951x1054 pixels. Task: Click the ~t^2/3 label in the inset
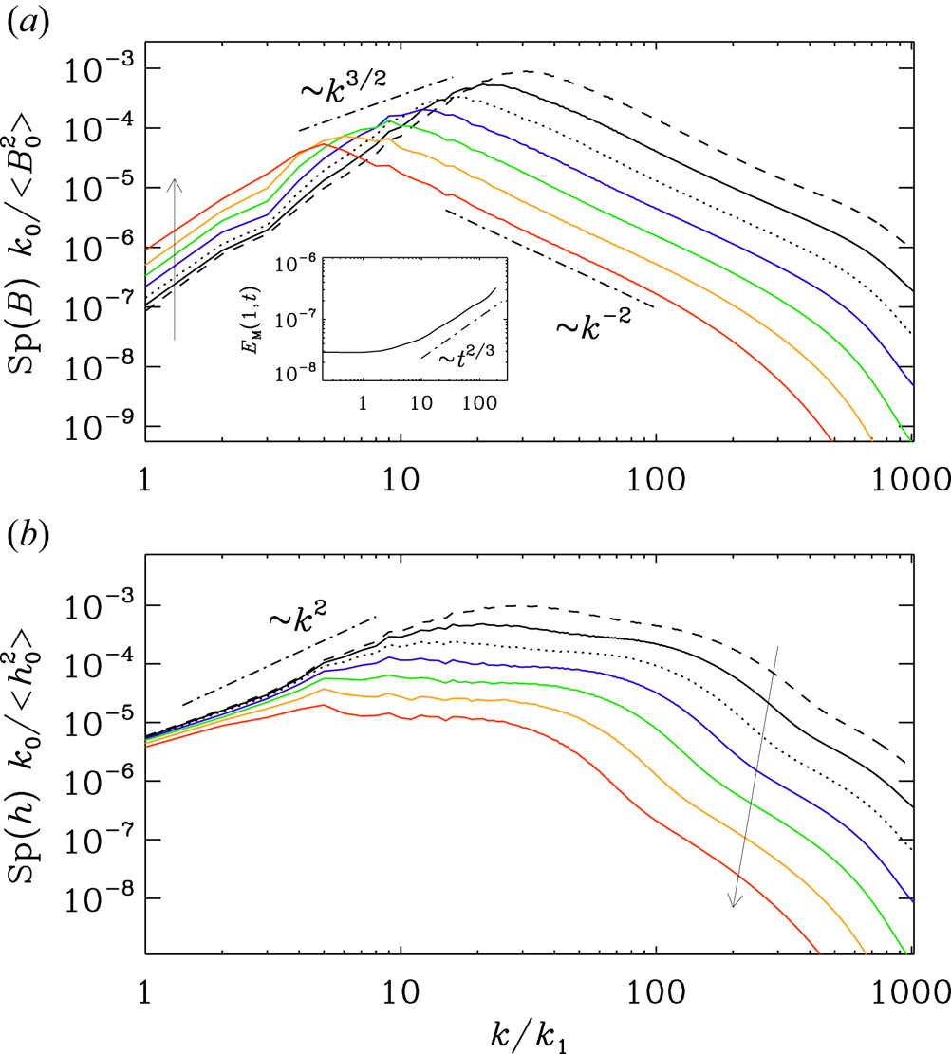click(466, 357)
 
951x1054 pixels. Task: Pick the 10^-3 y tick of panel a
click(99, 68)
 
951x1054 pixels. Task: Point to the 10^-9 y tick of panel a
click(99, 426)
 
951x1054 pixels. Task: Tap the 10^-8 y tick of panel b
click(99, 897)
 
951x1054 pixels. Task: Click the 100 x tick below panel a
click(656, 479)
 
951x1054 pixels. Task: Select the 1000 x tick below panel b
click(911, 992)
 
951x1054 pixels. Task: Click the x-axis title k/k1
click(529, 1036)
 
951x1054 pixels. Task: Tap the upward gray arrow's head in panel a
click(175, 183)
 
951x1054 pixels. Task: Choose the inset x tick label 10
click(421, 402)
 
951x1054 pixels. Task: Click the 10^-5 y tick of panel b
click(99, 722)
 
